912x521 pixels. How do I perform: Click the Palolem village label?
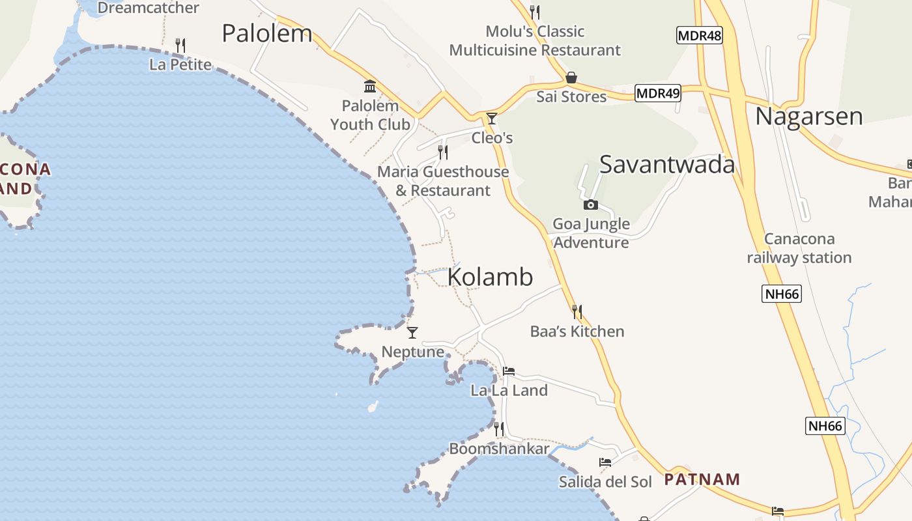(x=267, y=33)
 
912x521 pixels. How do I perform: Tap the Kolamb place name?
(x=490, y=277)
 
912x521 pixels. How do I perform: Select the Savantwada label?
(x=667, y=165)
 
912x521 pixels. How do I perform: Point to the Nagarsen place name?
(x=809, y=117)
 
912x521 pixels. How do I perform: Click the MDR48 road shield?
(x=700, y=35)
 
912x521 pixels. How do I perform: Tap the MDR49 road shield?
(x=658, y=94)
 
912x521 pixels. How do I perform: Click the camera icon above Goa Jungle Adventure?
(x=590, y=205)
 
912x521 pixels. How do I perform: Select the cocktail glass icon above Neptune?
(x=412, y=333)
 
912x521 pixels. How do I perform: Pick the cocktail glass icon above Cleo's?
(x=492, y=119)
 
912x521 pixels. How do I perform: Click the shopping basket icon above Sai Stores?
(x=571, y=77)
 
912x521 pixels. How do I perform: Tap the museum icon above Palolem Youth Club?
(x=370, y=86)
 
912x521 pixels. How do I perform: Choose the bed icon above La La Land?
(x=509, y=371)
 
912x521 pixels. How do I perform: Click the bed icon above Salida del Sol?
(x=605, y=462)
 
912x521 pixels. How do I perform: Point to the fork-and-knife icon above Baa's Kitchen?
(x=577, y=312)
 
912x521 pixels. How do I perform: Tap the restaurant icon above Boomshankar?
(x=499, y=429)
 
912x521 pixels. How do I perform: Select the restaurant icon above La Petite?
(x=180, y=45)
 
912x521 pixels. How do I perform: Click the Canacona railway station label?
(x=799, y=248)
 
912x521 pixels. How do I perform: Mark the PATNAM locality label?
(x=702, y=480)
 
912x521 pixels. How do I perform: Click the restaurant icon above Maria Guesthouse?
(x=443, y=152)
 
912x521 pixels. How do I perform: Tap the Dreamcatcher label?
(x=149, y=8)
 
